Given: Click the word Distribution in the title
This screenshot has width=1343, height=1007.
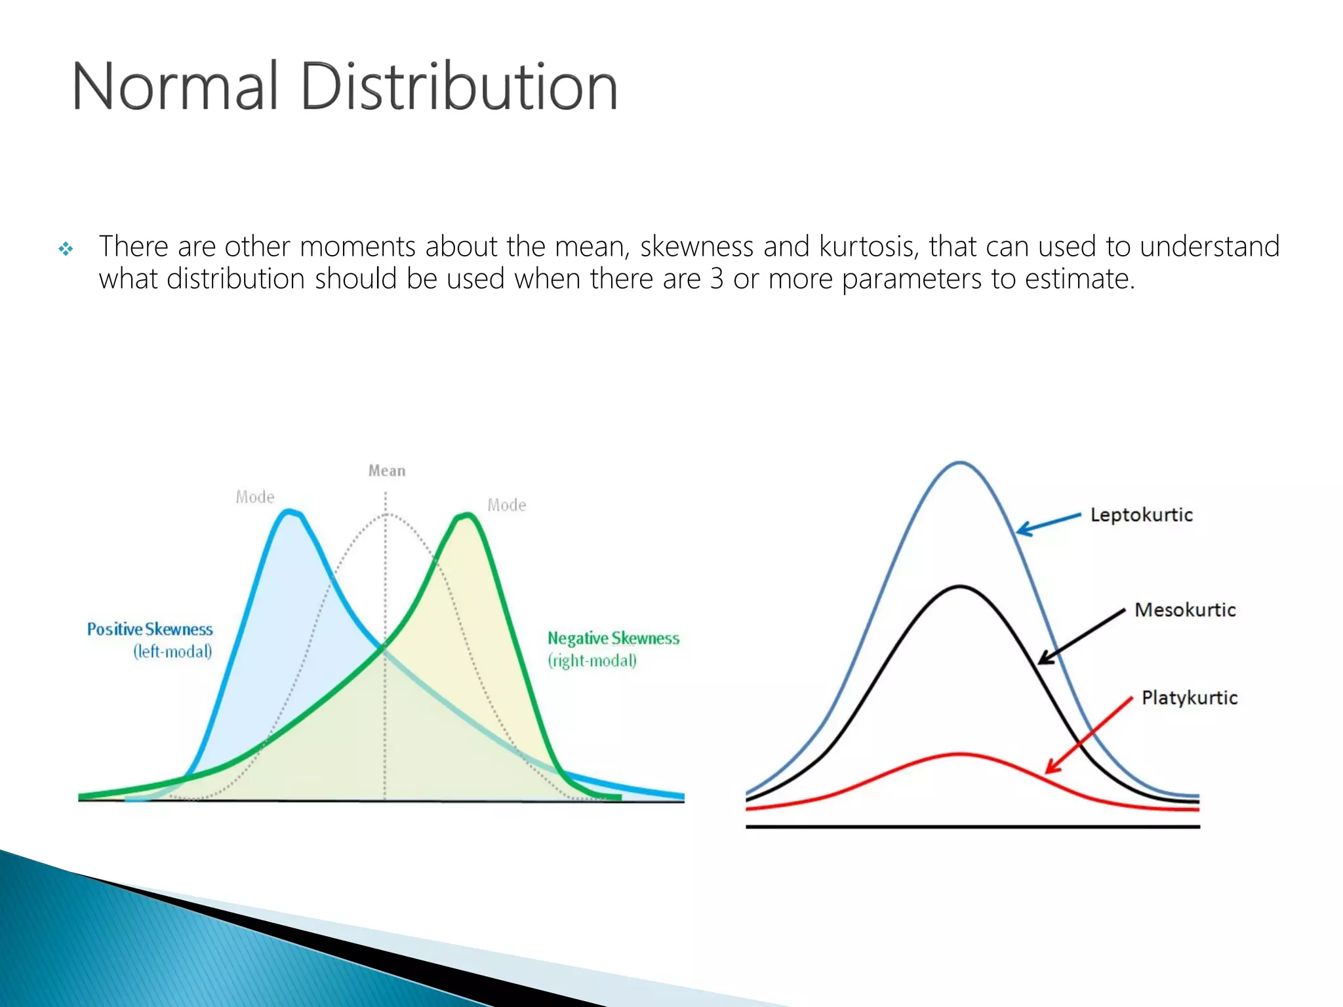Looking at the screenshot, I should coord(459,87).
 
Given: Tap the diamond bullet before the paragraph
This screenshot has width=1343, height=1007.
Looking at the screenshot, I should coord(66,249).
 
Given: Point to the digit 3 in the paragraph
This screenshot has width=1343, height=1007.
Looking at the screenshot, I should coord(717,279).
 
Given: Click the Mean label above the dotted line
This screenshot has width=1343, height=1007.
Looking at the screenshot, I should coord(387,471).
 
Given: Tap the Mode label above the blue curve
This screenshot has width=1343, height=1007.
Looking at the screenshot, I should coord(255,498).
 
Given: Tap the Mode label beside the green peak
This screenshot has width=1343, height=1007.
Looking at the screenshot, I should coord(507,505).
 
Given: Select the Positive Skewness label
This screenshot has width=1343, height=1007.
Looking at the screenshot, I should coord(150,629).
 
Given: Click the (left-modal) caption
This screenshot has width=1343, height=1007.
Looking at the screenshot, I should coord(173,652).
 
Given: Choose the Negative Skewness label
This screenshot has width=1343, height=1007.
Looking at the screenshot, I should coord(613,639).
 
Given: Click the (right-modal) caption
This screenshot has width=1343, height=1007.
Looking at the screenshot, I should coord(592,661).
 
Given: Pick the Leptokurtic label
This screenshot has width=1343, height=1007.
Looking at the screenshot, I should coord(1141,515).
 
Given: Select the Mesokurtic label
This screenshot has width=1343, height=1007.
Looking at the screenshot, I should coord(1185,610).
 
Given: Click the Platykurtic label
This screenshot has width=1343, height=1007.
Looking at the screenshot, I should coord(1190,698).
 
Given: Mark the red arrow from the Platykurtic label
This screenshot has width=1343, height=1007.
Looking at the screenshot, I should coord(1089,735).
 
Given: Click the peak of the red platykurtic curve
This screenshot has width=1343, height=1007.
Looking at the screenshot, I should coord(959,755).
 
